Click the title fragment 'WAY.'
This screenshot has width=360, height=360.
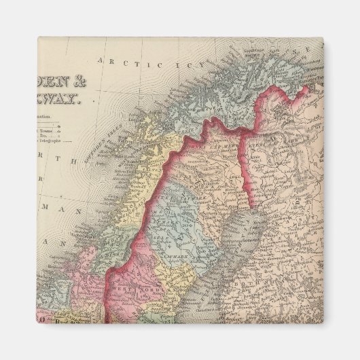tap(62, 100)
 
